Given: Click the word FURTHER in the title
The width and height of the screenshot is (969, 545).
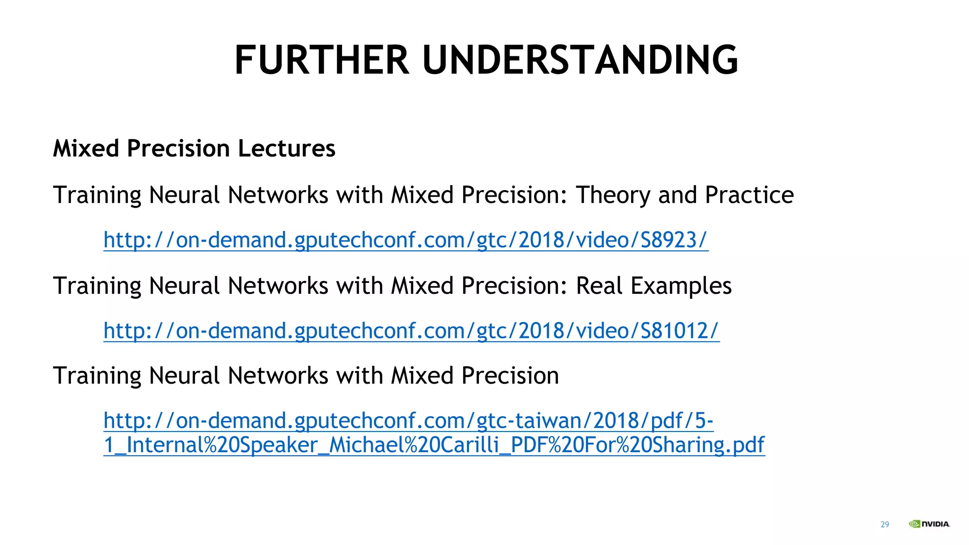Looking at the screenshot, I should point(322,60).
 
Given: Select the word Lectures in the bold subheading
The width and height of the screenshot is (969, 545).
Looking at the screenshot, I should point(286,149).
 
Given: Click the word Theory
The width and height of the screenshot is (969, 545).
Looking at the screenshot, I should point(613,195).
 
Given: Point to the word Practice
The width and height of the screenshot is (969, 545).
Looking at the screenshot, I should point(749,195).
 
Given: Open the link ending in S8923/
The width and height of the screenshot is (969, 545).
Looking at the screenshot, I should point(405,240).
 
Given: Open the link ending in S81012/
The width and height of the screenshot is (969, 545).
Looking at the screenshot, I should point(411,331).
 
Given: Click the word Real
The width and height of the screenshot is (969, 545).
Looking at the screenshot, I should point(599,286).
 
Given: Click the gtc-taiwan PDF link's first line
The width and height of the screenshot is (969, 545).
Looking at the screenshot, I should point(408,421).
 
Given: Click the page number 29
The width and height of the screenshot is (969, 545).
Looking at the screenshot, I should point(885,524).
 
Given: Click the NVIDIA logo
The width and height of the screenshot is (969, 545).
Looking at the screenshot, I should point(929,524).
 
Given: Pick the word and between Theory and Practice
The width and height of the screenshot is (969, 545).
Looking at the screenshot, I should point(677,195).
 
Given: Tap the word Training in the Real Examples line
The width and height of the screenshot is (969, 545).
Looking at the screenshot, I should point(97,286).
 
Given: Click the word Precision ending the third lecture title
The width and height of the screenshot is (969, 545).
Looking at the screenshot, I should point(510,376).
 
